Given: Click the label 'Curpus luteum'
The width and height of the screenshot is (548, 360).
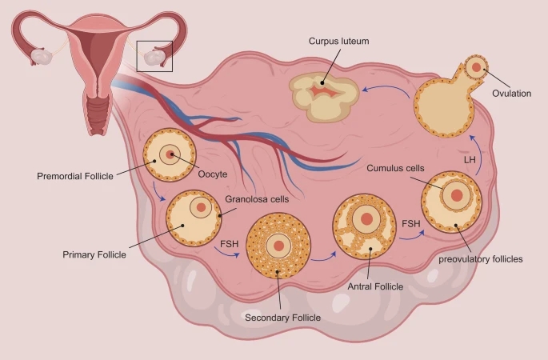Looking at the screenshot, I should pos(339,41).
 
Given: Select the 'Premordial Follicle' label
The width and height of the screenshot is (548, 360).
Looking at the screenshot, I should pos(76,174).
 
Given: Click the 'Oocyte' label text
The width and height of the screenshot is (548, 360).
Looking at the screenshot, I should pos(213,174).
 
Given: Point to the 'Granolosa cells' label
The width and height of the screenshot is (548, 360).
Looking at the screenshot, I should pos(257,198).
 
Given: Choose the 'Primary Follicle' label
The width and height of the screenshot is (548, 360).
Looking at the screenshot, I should pos(94,254).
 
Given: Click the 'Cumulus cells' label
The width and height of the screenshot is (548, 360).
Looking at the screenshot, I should pos(395,169).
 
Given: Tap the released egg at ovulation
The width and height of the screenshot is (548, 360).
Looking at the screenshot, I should pos(476,67).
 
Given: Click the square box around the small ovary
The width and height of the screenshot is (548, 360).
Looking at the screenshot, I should pos(154,55).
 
